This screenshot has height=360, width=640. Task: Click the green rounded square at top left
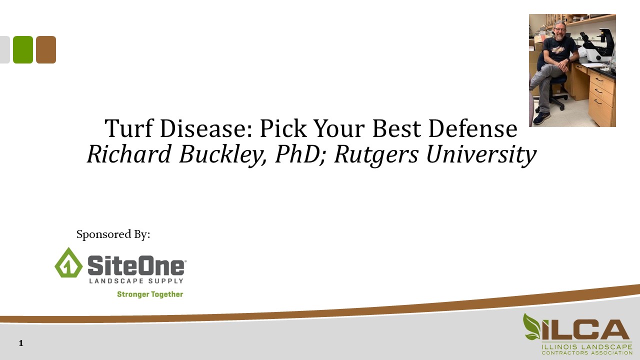click(x=23, y=49)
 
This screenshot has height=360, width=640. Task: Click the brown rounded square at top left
click(x=46, y=49)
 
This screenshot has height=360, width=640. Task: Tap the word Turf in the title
click(x=128, y=129)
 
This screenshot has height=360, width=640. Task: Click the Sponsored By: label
click(x=113, y=234)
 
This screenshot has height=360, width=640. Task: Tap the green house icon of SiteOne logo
click(x=68, y=262)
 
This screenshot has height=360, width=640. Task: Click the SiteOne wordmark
click(x=136, y=264)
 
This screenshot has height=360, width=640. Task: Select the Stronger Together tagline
click(x=150, y=294)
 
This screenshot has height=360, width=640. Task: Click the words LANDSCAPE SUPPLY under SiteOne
click(x=136, y=281)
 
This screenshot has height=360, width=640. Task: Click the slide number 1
click(x=21, y=343)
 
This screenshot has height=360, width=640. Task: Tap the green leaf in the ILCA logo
click(x=531, y=327)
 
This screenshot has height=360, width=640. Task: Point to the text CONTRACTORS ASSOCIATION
click(x=587, y=352)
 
